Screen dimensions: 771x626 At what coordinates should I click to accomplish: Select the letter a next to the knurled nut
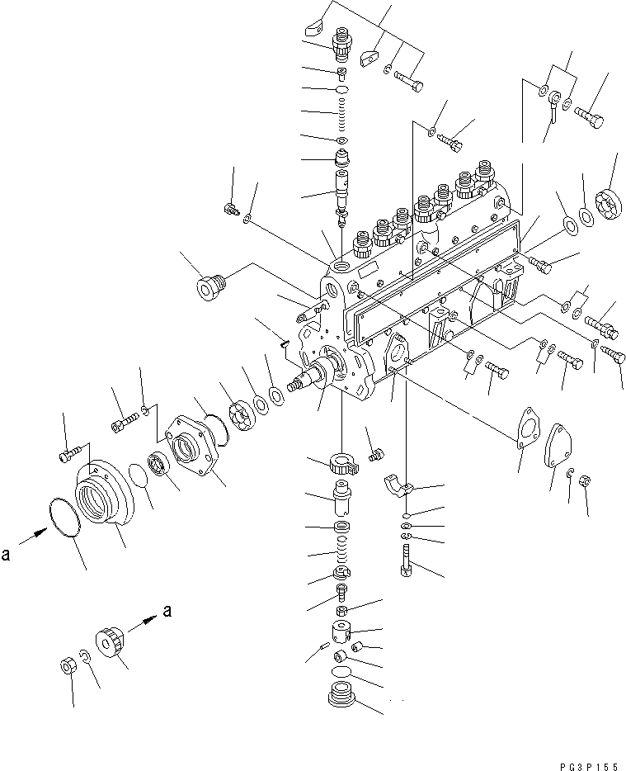[169, 611]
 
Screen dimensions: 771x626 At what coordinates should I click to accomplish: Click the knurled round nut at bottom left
[110, 642]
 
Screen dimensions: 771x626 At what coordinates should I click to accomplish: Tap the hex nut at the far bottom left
[69, 665]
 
